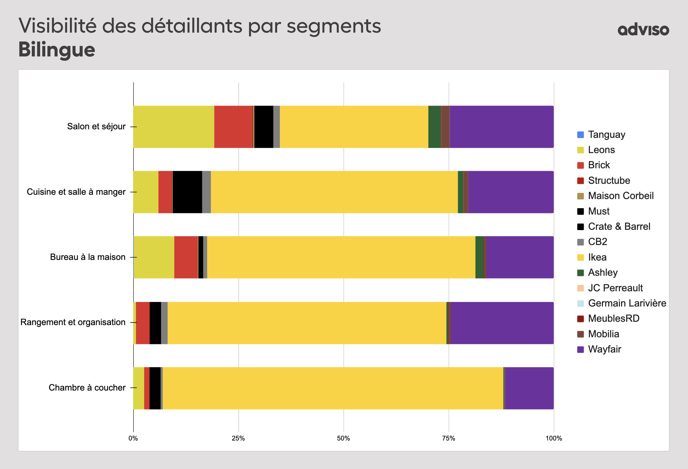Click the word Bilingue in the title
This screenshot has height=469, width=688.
coord(57,49)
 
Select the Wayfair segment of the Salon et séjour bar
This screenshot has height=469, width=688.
coord(502,127)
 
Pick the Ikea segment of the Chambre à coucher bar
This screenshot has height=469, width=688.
coord(333,388)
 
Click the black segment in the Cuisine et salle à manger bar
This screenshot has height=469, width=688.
coord(187,192)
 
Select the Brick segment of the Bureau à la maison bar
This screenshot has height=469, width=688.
coord(186,257)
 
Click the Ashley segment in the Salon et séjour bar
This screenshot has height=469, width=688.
coord(434,127)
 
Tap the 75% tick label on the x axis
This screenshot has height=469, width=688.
coord(448,438)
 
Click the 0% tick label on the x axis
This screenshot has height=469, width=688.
coord(133,438)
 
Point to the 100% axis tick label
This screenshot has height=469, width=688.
coord(554,438)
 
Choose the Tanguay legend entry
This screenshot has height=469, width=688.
coord(606,135)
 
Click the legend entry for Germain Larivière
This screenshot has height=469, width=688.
coord(627,303)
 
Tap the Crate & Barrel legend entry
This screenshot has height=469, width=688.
coord(619,226)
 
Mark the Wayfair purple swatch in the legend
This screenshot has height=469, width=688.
coord(580,349)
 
